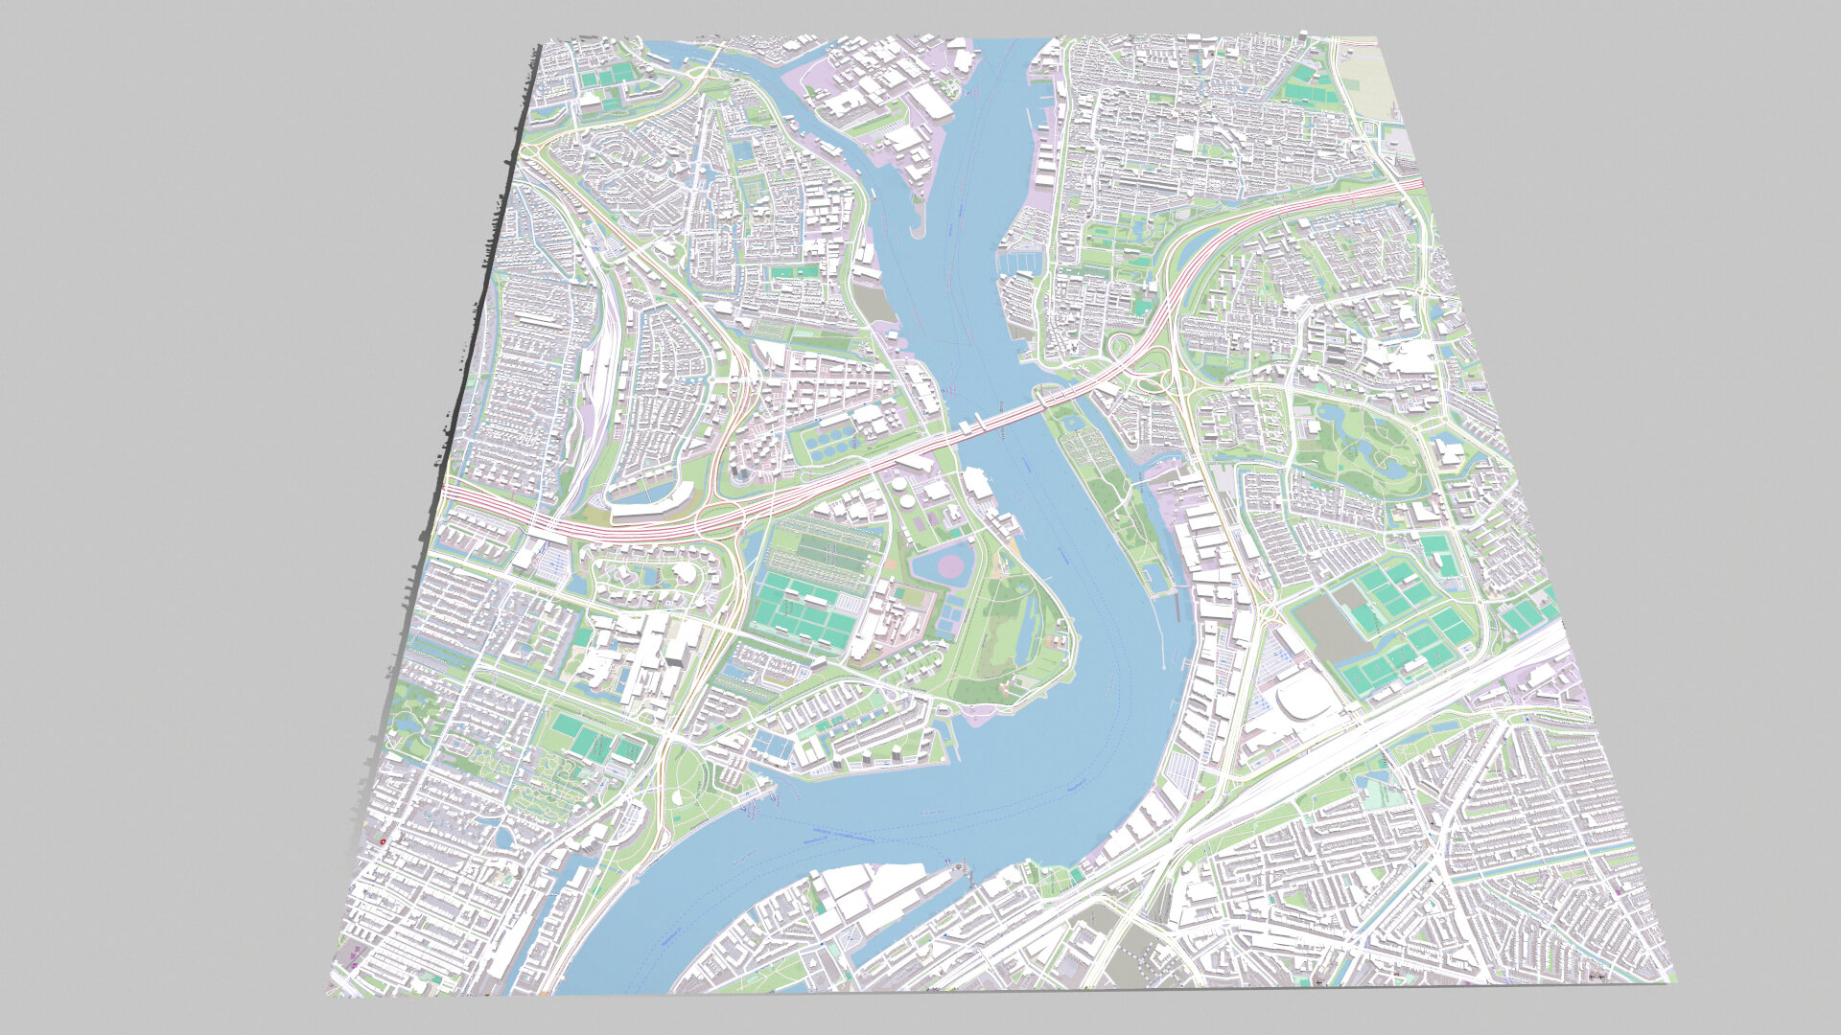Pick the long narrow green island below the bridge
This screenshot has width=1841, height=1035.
click(x=1112, y=498)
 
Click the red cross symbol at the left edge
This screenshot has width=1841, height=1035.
click(x=382, y=840)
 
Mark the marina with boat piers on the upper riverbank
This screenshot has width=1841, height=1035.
click(x=1018, y=260)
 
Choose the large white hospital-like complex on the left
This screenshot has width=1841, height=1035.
click(x=642, y=652)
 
